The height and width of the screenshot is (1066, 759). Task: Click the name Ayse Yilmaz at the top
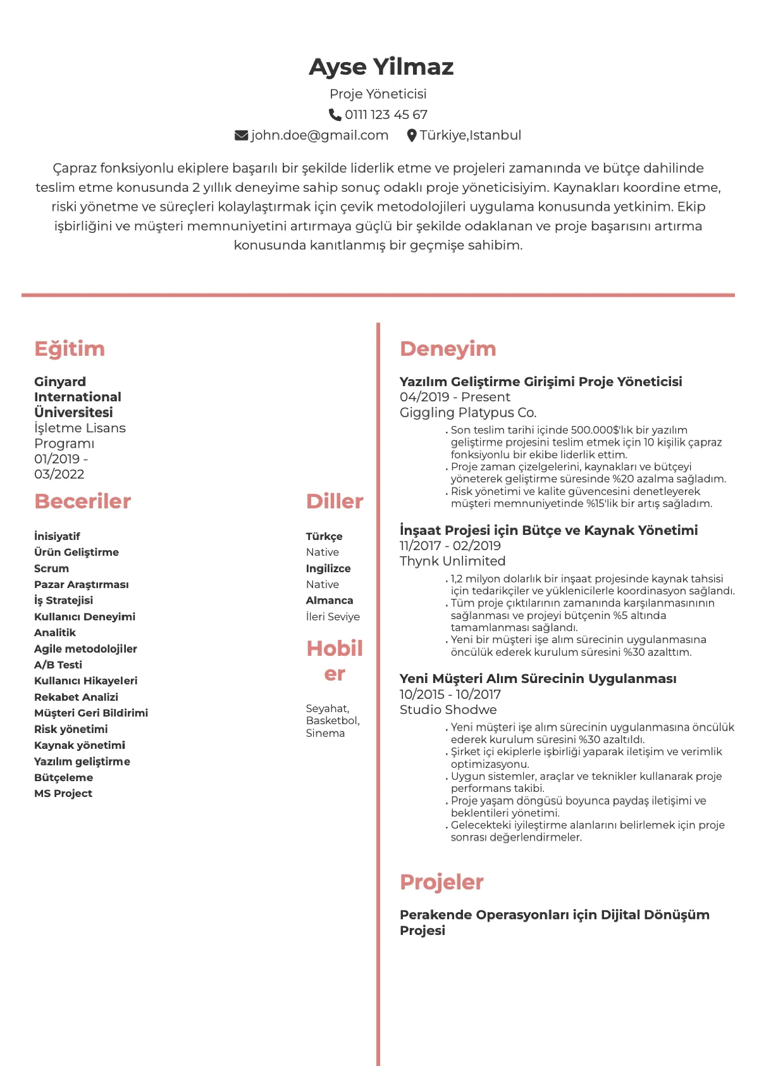[381, 66]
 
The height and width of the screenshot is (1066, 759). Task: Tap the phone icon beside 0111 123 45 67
[335, 115]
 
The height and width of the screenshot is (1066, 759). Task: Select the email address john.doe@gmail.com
[319, 135]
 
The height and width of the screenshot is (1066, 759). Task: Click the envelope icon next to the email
[241, 135]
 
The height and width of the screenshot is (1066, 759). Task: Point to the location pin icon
[412, 135]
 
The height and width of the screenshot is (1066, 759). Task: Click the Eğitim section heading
[70, 349]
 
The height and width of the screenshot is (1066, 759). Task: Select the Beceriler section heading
[82, 501]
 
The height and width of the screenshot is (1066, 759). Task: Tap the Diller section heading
[335, 501]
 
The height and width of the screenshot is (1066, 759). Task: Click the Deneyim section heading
[448, 349]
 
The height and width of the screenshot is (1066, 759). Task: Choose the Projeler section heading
[441, 882]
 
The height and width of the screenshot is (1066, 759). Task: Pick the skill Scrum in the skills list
[51, 568]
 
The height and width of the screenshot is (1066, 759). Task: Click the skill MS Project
[63, 793]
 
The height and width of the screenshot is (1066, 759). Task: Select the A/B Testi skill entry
[58, 665]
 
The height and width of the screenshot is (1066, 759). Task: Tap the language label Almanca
[330, 600]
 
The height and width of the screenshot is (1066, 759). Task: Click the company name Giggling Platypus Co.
[468, 413]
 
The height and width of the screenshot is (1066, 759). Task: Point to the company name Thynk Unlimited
[452, 561]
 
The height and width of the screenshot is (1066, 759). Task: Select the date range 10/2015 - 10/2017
[450, 694]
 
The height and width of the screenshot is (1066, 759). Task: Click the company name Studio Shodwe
[448, 710]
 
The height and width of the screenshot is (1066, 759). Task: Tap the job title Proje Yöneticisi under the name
[378, 94]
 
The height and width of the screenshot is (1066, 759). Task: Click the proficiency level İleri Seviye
[333, 617]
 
